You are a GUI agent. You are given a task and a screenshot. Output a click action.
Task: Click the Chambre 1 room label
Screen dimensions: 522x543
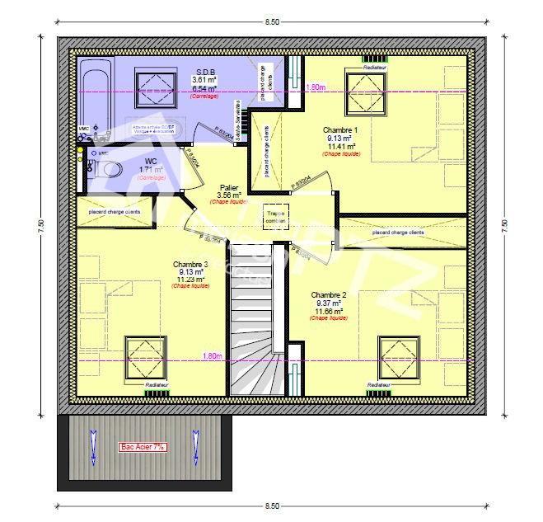point(340,130)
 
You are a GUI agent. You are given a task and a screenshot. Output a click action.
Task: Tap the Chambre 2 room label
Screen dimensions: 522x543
point(329,294)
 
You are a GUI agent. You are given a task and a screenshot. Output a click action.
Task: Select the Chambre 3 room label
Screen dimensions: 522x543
point(191,265)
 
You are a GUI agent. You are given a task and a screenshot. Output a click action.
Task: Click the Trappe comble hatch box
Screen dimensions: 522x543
point(276,215)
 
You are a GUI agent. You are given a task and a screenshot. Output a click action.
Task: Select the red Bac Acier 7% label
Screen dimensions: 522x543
point(143,446)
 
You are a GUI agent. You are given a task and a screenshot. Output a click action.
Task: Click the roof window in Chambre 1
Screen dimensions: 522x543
point(365,91)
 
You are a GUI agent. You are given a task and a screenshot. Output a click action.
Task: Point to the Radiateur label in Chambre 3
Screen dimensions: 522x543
point(157,385)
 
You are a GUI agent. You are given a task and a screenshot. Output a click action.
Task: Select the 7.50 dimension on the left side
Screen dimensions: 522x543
point(40,226)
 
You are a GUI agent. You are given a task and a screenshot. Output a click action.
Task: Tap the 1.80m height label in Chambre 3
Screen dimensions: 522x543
point(212,356)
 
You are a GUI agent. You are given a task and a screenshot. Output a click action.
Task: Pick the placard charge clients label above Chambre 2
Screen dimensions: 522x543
point(398,233)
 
